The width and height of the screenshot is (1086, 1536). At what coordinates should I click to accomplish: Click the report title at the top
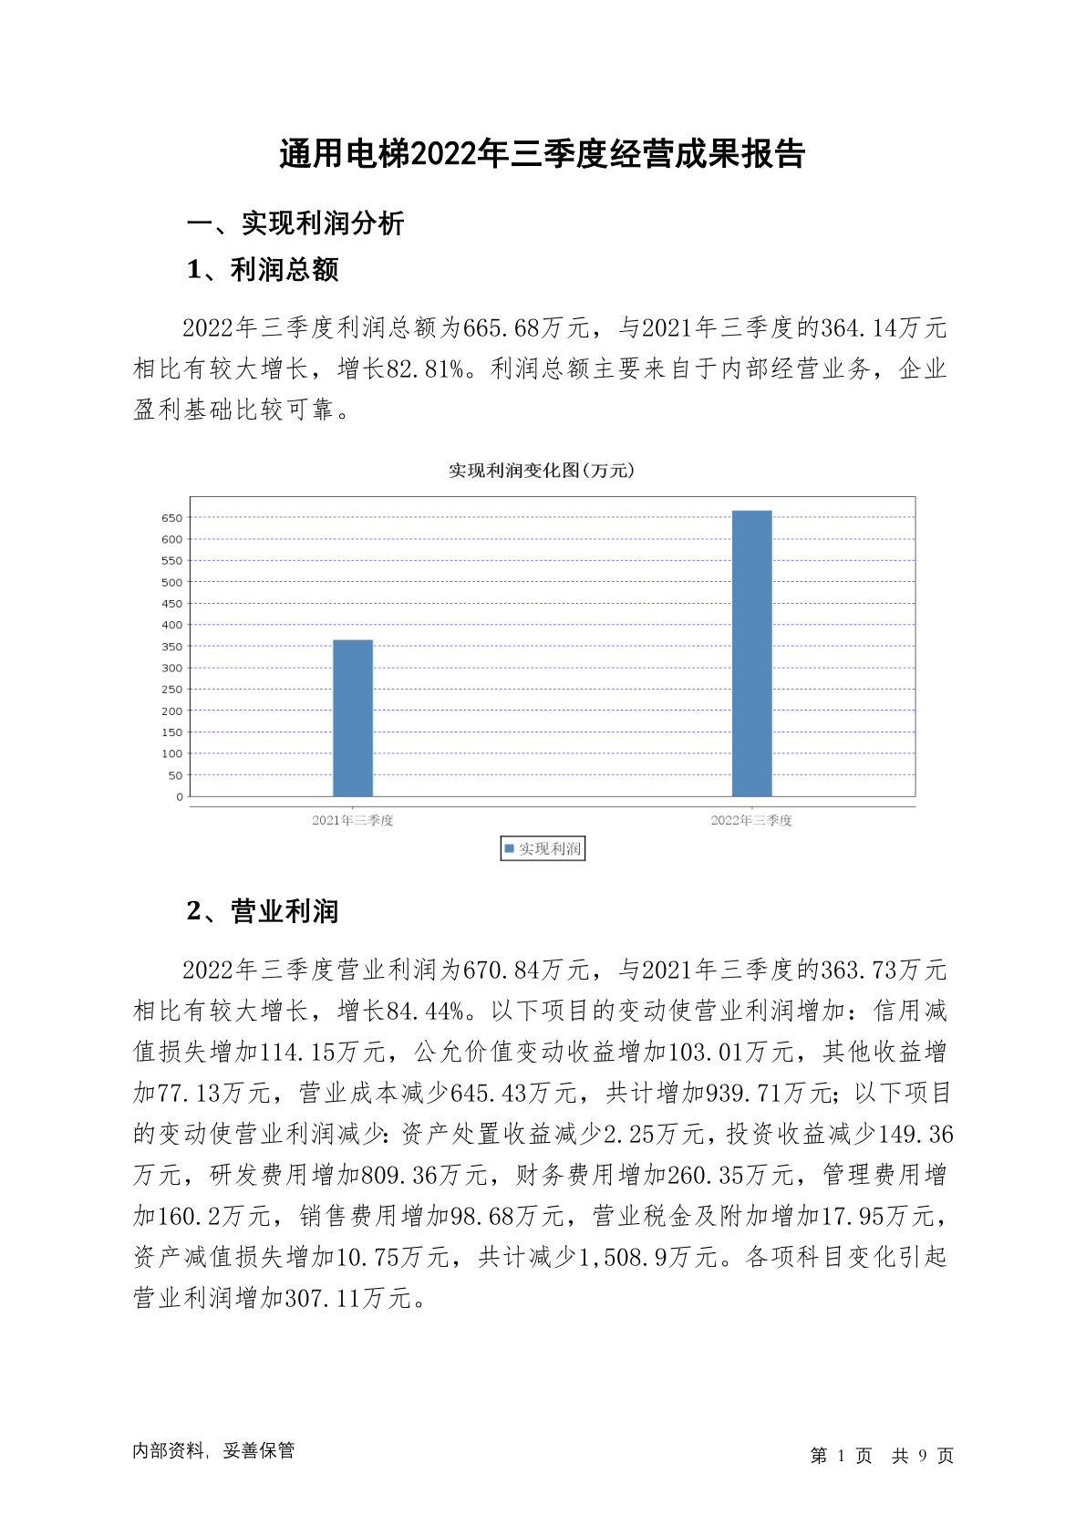pyautogui.click(x=543, y=154)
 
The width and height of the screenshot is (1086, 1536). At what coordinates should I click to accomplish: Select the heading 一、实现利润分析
pyautogui.click(x=295, y=223)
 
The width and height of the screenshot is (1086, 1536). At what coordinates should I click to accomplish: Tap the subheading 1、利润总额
pyautogui.click(x=263, y=270)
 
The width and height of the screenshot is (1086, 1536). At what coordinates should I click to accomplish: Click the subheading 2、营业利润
pyautogui.click(x=263, y=911)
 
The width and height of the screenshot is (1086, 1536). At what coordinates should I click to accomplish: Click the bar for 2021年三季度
pyautogui.click(x=353, y=718)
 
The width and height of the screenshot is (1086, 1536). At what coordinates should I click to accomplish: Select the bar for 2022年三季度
pyautogui.click(x=752, y=653)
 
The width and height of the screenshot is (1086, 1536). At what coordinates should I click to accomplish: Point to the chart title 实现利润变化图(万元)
pyautogui.click(x=542, y=471)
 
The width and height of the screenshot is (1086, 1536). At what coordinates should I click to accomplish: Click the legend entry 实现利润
pyautogui.click(x=543, y=849)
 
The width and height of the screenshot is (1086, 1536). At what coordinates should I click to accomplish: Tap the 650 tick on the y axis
pyautogui.click(x=172, y=518)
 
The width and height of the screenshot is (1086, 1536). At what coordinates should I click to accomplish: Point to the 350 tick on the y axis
pyautogui.click(x=172, y=647)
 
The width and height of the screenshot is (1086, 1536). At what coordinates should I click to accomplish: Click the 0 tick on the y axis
pyautogui.click(x=180, y=797)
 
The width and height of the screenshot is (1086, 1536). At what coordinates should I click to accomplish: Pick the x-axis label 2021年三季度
pyautogui.click(x=353, y=821)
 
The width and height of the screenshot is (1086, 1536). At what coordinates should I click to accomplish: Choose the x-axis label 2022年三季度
pyautogui.click(x=752, y=821)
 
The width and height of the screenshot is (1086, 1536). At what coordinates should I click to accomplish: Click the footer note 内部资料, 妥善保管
pyautogui.click(x=213, y=1451)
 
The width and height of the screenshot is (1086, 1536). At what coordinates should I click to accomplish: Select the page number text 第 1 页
pyautogui.click(x=841, y=1456)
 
